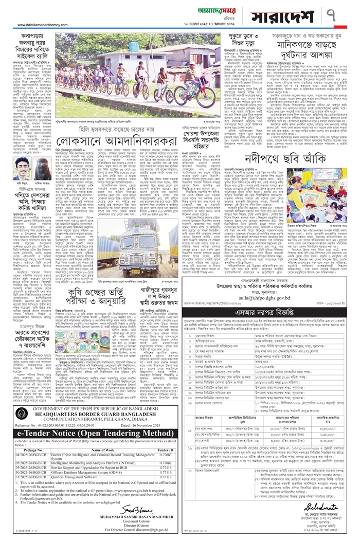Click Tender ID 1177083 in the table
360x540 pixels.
pyautogui.click(x=165, y=455)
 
